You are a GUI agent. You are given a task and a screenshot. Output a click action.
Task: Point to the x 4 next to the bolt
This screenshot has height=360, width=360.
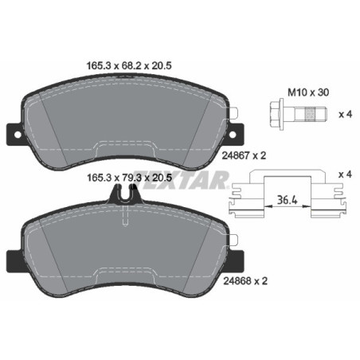(x=345, y=115)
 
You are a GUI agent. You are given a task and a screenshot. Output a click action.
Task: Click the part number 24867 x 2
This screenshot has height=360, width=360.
(x=271, y=156)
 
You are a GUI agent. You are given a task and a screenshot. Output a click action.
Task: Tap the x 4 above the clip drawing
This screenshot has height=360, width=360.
(x=345, y=174)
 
